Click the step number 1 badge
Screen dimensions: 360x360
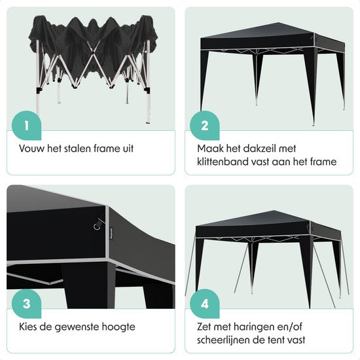pyautogui.click(x=26, y=126)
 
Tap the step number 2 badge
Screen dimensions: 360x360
pyautogui.click(x=205, y=126)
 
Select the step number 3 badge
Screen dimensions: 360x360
pyautogui.click(x=26, y=304)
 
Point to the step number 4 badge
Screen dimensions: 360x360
pyautogui.click(x=205, y=304)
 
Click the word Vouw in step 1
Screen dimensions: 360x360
pyautogui.click(x=32, y=149)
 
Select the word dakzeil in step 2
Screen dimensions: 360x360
pyautogui.click(x=259, y=149)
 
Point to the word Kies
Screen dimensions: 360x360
pyautogui.click(x=27, y=327)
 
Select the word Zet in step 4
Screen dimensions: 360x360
pyautogui.click(x=204, y=327)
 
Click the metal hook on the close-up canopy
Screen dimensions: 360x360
pyautogui.click(x=98, y=224)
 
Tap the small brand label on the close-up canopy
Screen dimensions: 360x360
pyautogui.click(x=111, y=233)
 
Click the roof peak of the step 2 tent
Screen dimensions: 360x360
pyautogui.click(x=278, y=23)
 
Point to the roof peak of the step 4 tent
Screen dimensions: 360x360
pyautogui.click(x=273, y=211)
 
